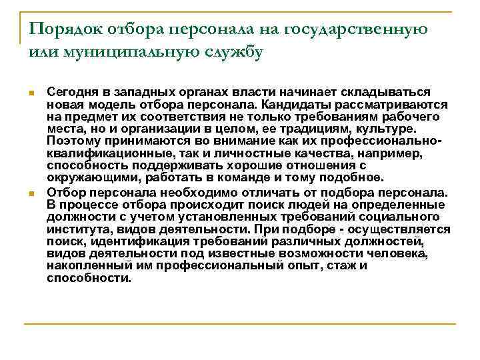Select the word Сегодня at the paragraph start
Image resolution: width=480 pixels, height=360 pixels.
point(70,92)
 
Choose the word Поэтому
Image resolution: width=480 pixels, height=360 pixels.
point(74,141)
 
